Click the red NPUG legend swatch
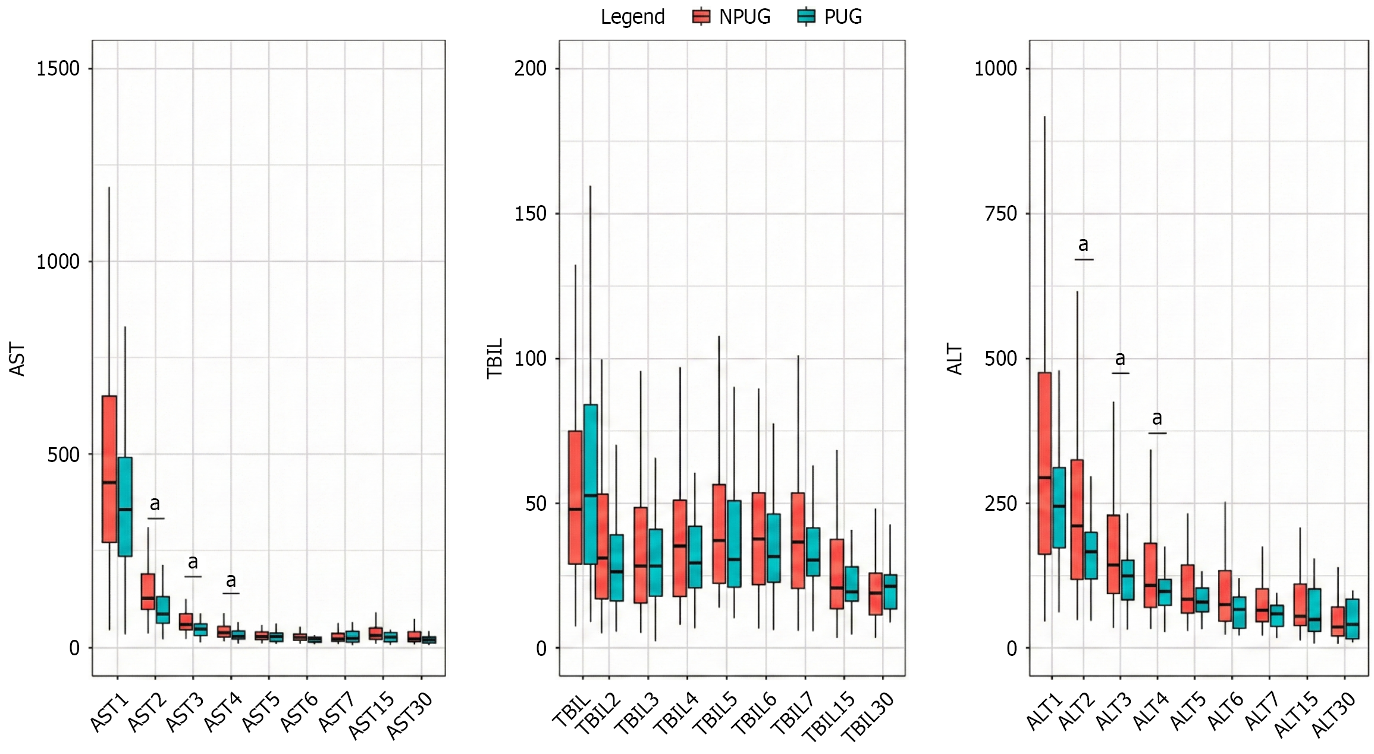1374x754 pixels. tap(701, 17)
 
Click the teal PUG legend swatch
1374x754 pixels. tap(806, 17)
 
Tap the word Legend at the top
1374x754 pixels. tap(632, 17)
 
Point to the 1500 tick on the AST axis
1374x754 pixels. tap(58, 69)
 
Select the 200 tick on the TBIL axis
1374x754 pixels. tap(530, 68)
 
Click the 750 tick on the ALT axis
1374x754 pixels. tap(1001, 213)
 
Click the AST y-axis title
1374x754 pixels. tap(18, 359)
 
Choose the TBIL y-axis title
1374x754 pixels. tap(495, 359)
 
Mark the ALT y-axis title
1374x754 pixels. tap(955, 359)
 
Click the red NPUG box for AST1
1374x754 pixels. tap(109, 469)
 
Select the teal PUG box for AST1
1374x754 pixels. tap(125, 507)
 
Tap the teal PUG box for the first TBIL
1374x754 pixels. tap(591, 484)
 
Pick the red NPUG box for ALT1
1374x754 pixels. tap(1044, 463)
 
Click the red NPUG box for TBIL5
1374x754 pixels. tap(719, 533)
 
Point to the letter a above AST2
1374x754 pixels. tap(155, 504)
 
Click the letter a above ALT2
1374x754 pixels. tap(1084, 244)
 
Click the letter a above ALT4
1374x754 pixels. tap(1157, 418)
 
